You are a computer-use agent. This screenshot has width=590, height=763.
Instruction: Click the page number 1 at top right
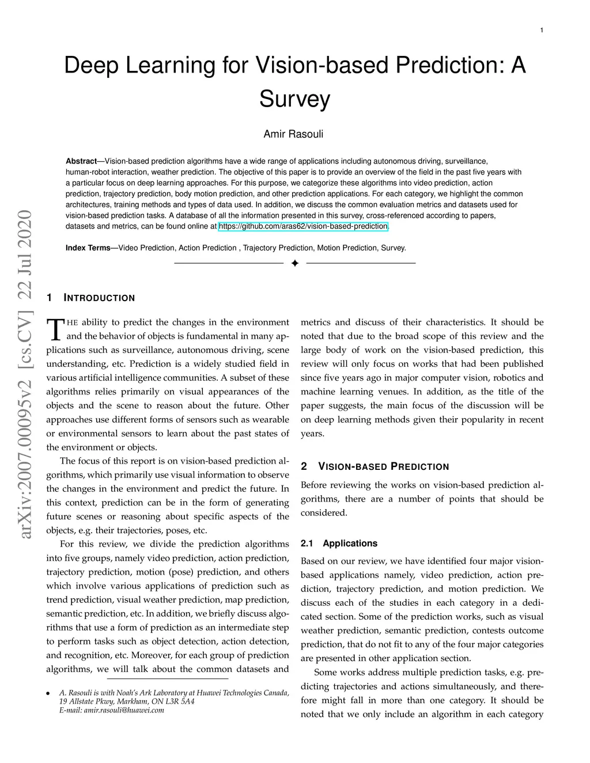[x=542, y=31]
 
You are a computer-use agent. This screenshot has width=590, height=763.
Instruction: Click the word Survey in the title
[x=294, y=98]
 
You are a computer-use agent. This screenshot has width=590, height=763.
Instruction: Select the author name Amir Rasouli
[x=293, y=134]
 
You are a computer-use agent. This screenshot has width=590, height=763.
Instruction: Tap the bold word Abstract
[x=81, y=161]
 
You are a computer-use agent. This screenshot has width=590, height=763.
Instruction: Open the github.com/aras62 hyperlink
[x=304, y=226]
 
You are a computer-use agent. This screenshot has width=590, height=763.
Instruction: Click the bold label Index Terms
[x=88, y=248]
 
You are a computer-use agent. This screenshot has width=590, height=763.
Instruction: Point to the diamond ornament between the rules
[x=294, y=263]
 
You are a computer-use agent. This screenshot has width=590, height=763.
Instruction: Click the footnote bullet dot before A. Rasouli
[x=48, y=693]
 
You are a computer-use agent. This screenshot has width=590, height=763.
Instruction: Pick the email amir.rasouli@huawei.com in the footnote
[x=112, y=711]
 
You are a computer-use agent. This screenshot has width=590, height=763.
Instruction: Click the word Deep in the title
[x=91, y=65]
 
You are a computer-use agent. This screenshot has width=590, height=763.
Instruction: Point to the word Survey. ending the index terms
[x=394, y=248]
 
